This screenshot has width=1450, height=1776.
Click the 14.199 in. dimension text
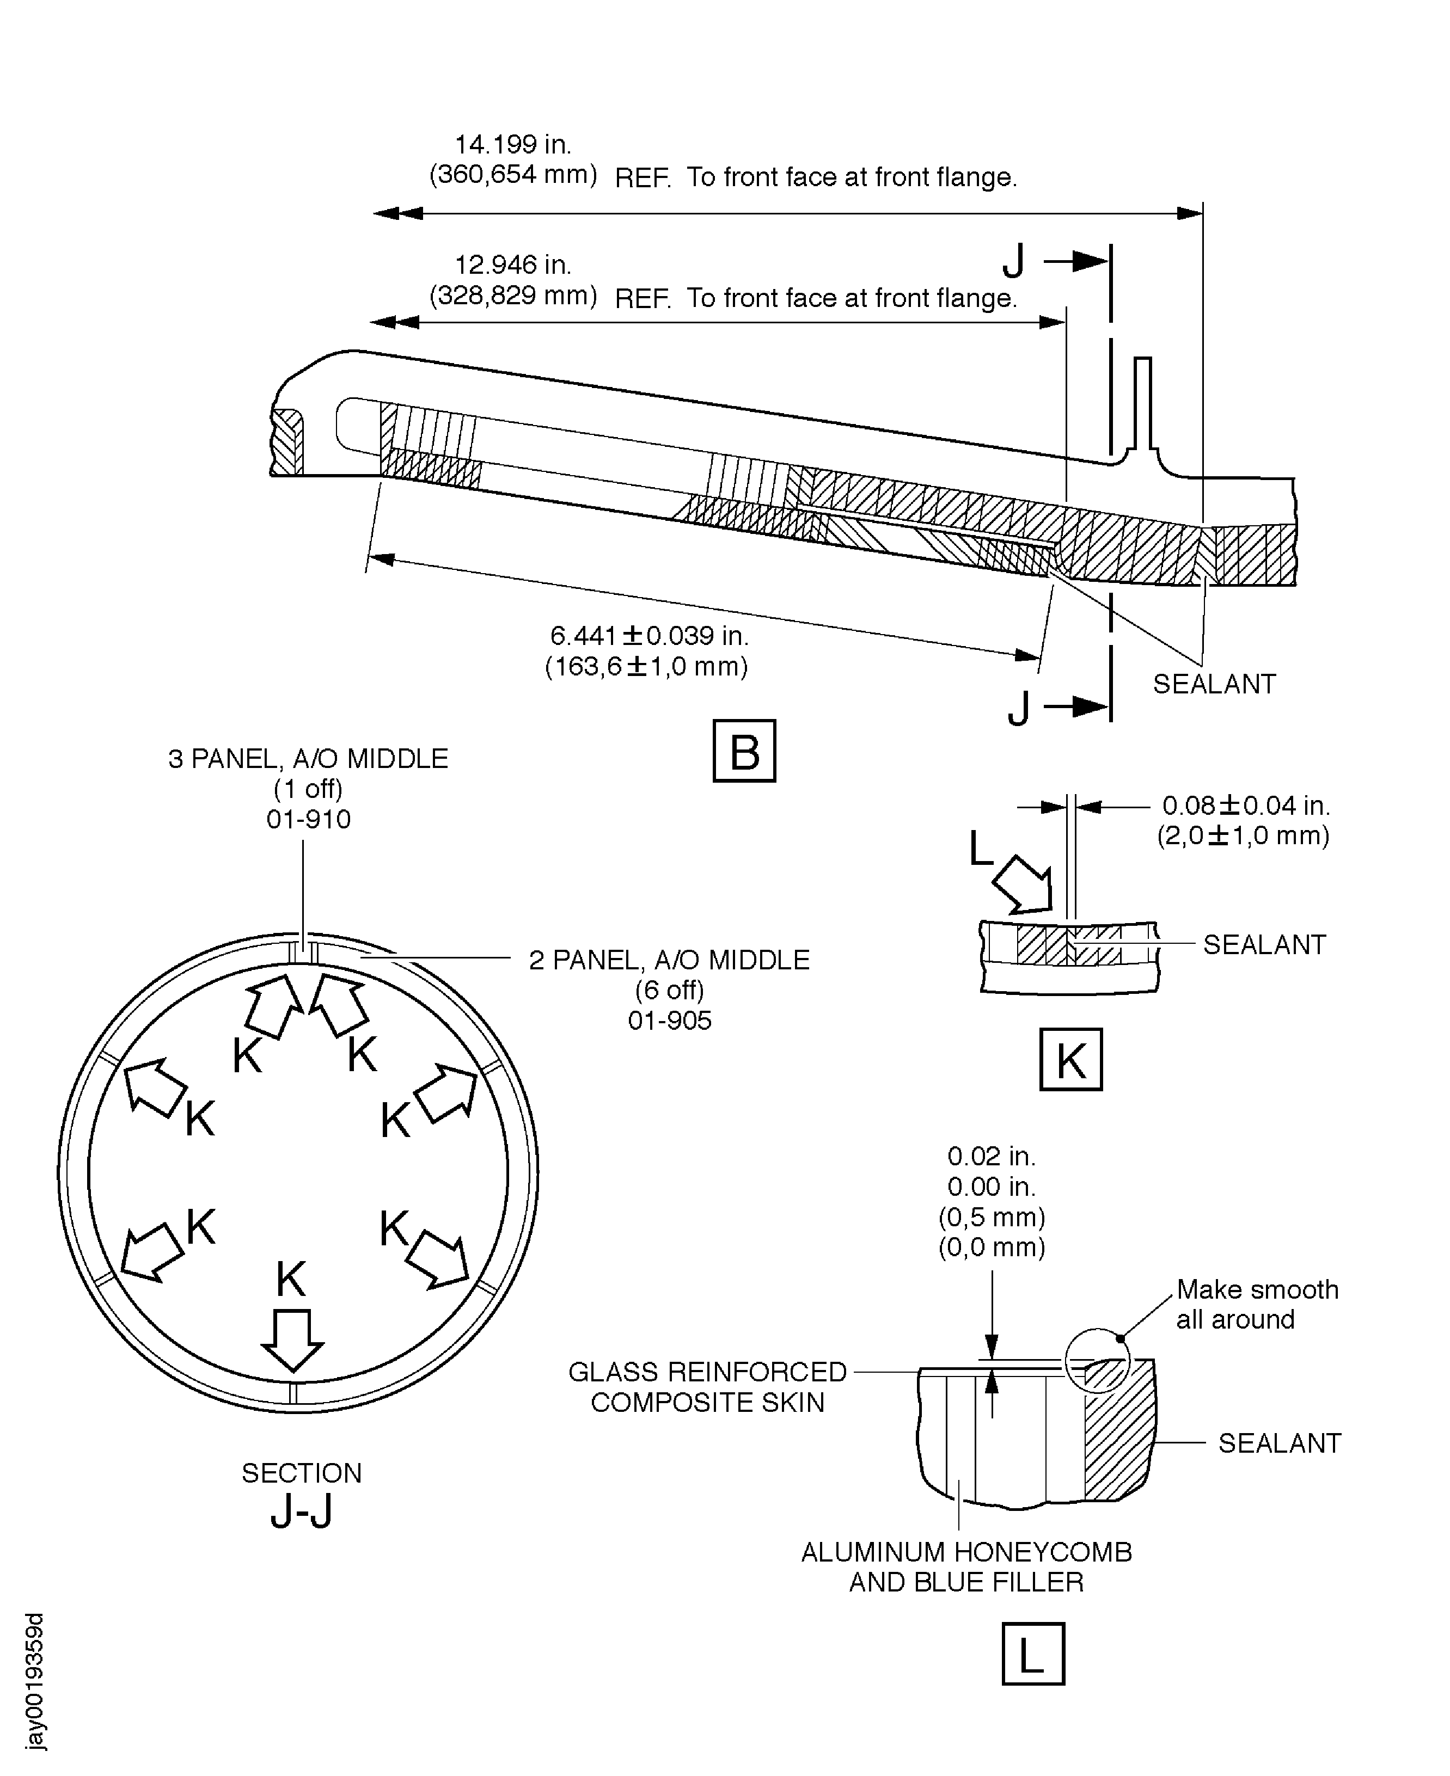(x=513, y=145)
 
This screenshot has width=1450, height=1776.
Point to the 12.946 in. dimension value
(x=513, y=266)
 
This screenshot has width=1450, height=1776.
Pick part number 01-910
(x=308, y=819)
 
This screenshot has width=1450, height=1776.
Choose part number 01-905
(x=669, y=1021)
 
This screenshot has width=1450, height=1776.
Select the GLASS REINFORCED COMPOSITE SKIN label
(x=707, y=1387)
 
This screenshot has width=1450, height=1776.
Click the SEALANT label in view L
(x=1279, y=1443)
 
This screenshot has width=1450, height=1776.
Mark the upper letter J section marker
(x=1013, y=263)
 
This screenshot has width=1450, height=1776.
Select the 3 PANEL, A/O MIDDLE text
(x=308, y=759)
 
